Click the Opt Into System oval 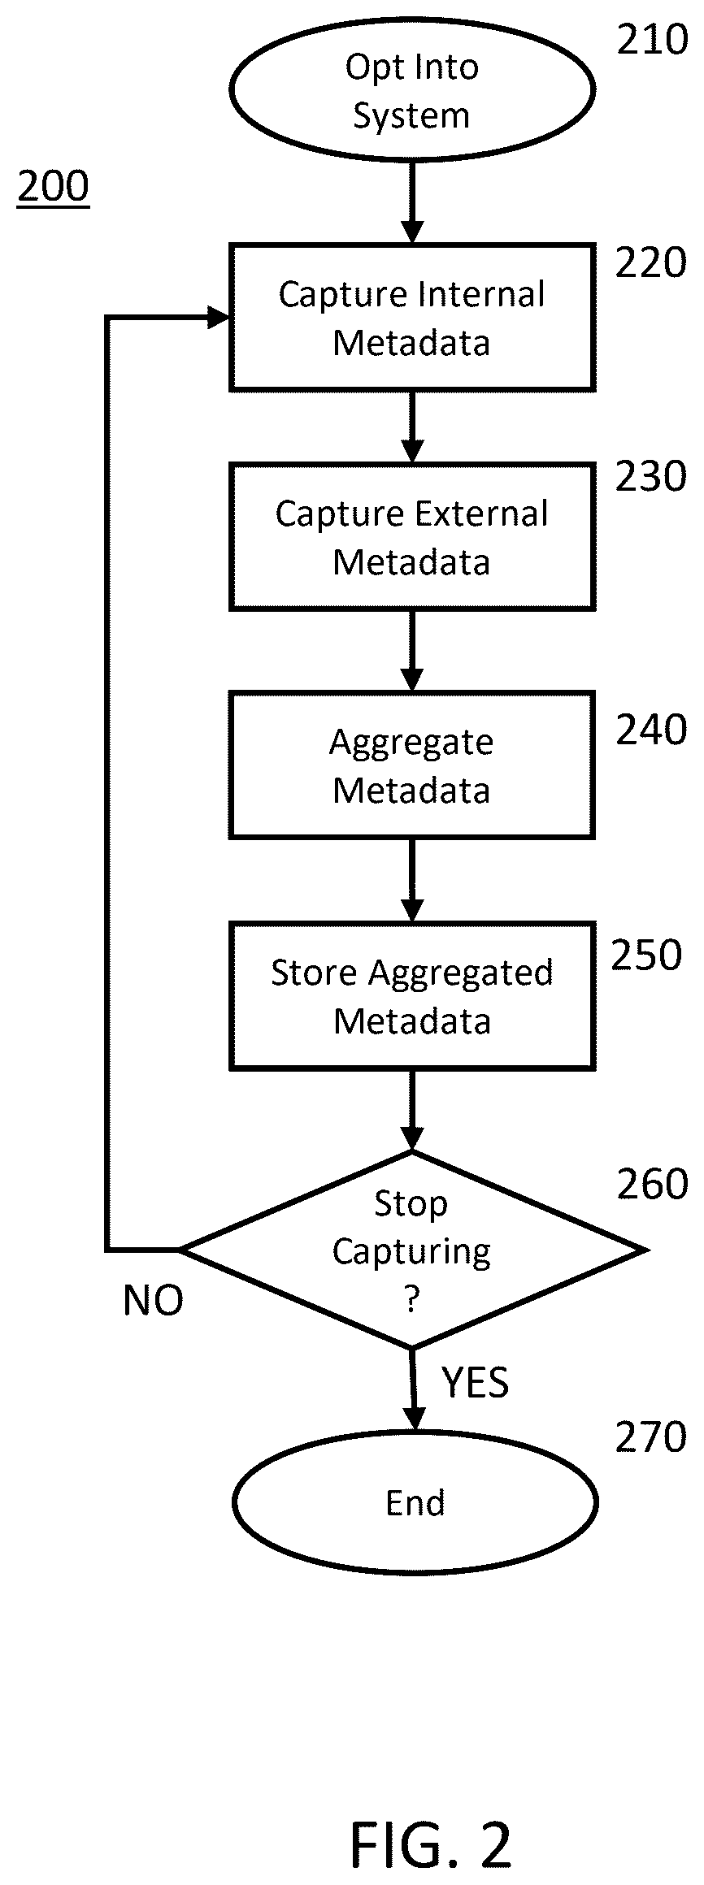click(x=412, y=89)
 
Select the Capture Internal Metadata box click(x=412, y=317)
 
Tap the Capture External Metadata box click(x=412, y=537)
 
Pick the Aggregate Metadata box click(x=412, y=765)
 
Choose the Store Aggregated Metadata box click(x=412, y=995)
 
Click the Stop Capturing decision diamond click(x=413, y=1250)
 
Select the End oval click(x=415, y=1502)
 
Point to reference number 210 click(x=652, y=40)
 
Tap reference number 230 click(x=651, y=477)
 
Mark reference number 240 click(x=651, y=730)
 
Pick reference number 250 click(x=646, y=955)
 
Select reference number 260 click(x=652, y=1185)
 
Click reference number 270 click(x=651, y=1437)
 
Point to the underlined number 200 click(x=53, y=188)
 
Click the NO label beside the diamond click(x=153, y=1301)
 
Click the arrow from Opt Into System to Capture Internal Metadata click(x=412, y=201)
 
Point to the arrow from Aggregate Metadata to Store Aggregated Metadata click(x=412, y=881)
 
